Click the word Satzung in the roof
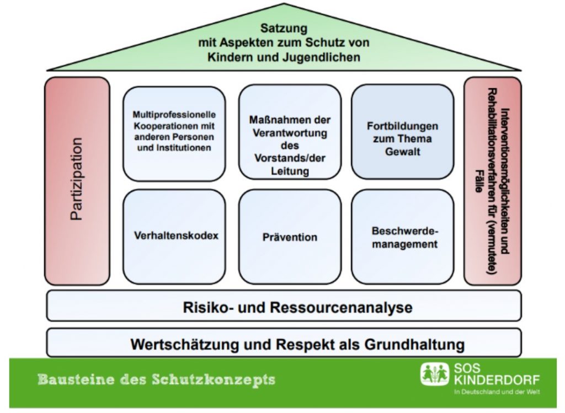pos(284,28)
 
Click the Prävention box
pos(290,237)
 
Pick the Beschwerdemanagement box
pos(402,237)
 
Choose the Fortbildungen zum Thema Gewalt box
pos(402,132)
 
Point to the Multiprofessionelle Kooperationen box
pos(174,132)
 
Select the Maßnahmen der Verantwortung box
pos(290,132)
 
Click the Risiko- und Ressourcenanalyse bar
pos(284,307)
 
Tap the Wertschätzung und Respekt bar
pos(284,344)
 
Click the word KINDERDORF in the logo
pos(496,380)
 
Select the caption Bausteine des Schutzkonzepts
pos(156,380)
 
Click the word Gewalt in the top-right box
pos(402,151)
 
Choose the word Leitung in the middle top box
pos(290,171)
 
